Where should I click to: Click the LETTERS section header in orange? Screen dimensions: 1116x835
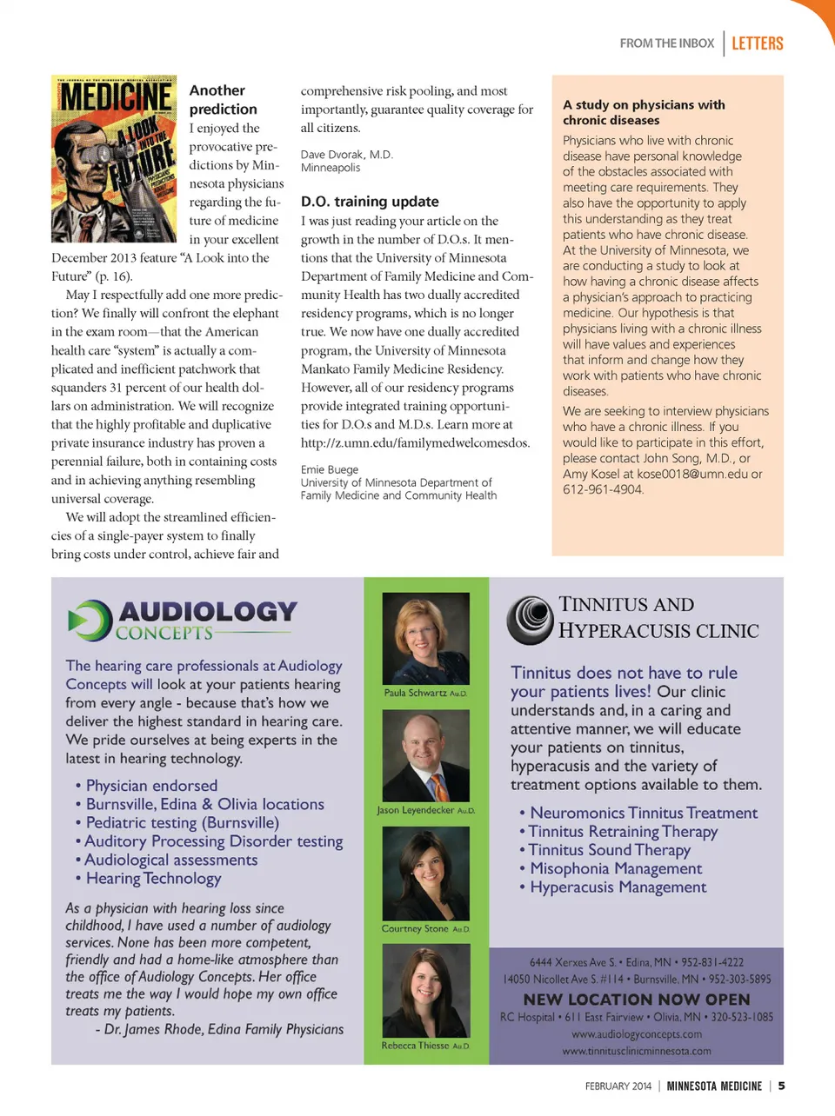[x=757, y=43]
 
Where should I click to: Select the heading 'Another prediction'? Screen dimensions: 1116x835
[x=224, y=100]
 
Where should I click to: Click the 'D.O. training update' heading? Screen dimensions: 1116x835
[x=370, y=202]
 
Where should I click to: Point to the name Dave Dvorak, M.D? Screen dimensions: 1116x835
[x=347, y=155]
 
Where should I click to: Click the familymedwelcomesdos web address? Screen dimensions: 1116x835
[x=415, y=443]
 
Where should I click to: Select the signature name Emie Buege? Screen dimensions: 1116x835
[x=330, y=469]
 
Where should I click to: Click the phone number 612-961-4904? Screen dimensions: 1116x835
[x=603, y=489]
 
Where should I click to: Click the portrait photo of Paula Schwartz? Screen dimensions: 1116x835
[x=426, y=638]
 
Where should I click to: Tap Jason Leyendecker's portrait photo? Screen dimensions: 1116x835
[x=426, y=755]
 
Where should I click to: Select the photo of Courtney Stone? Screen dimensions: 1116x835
[x=426, y=873]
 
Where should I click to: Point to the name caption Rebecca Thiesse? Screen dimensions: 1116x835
[x=416, y=1046]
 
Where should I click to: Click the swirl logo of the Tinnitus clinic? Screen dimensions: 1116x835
[x=530, y=620]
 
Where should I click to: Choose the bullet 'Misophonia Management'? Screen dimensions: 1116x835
[x=616, y=868]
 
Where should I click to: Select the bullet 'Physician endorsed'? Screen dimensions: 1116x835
[x=151, y=786]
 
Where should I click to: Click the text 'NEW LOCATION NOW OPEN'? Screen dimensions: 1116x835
[x=637, y=1000]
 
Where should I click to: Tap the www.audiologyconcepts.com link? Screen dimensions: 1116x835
[x=637, y=1034]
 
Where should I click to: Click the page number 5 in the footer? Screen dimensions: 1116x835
[x=781, y=1086]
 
